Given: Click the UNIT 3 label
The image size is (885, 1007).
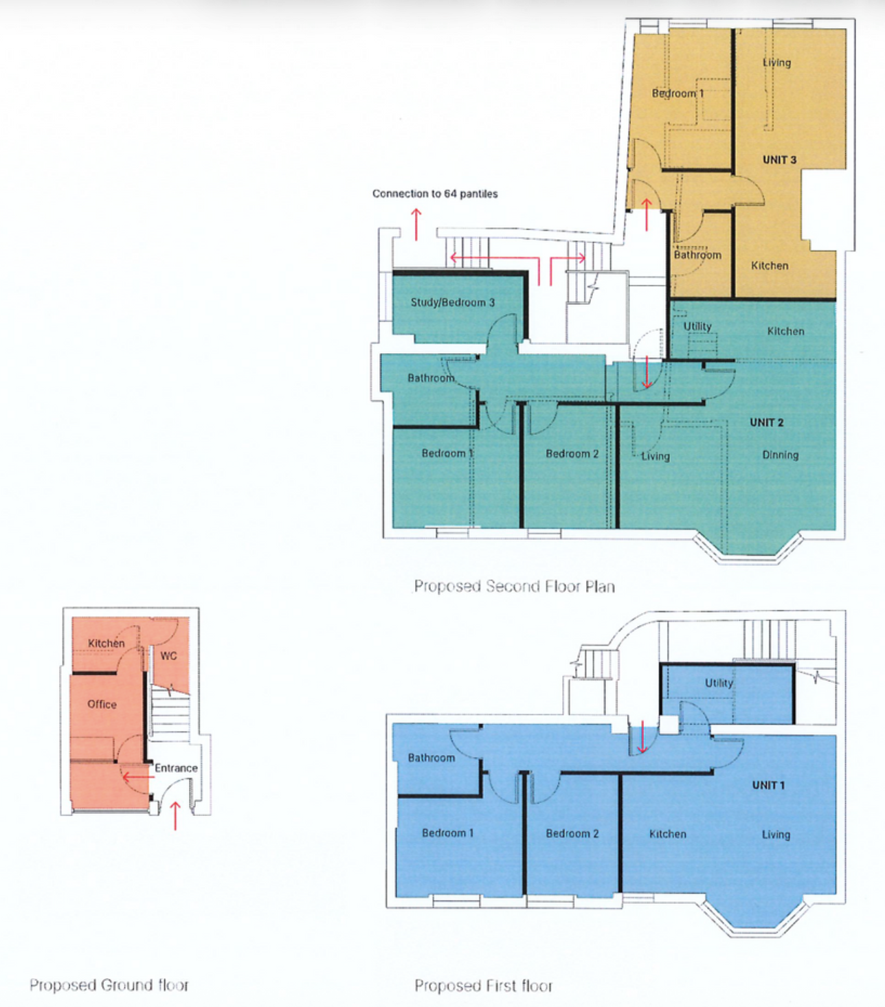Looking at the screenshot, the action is [779, 159].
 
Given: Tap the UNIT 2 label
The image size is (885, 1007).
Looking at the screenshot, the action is [766, 422].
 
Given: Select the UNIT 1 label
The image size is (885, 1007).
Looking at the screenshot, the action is [768, 785].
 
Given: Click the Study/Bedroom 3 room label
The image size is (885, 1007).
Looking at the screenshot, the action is [452, 302].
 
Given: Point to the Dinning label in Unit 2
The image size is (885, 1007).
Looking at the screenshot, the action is [780, 455].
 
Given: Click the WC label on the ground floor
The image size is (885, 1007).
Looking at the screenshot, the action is [168, 655].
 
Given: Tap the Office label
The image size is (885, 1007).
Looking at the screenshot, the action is [102, 704].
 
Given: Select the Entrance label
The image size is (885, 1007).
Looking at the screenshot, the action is [176, 767].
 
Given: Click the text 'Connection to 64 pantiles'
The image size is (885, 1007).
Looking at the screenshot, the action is [435, 193].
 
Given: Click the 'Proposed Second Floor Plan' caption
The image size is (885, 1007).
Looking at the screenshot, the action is [515, 586].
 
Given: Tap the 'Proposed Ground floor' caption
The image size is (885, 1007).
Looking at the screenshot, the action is [109, 984].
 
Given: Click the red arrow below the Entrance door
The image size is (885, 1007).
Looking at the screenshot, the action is [175, 815].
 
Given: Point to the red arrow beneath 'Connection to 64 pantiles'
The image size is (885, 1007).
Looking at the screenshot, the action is [416, 225].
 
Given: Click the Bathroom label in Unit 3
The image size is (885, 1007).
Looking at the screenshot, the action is [697, 255].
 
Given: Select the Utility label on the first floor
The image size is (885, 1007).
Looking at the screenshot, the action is [719, 683].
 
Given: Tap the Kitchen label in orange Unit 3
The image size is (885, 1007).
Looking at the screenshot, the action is [770, 265].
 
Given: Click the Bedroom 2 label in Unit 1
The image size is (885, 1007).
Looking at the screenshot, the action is [572, 833].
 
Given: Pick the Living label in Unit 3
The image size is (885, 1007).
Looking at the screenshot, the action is [776, 63].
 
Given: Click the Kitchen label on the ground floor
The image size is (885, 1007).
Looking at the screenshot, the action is [107, 643].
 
